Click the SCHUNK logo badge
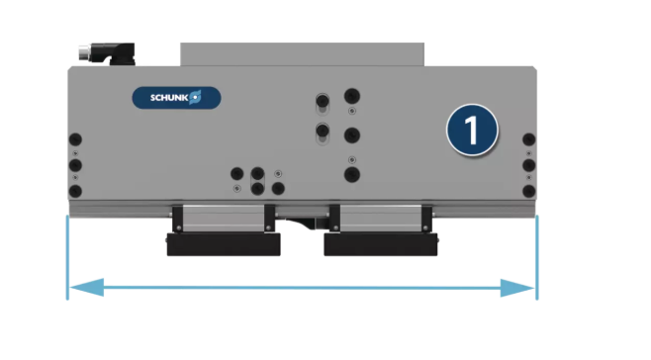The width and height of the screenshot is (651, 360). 176,98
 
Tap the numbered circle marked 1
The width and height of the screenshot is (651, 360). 473,130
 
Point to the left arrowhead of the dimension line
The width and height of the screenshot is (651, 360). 86,288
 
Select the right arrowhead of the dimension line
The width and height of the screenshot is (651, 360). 517,288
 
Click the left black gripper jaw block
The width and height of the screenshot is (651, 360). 224,244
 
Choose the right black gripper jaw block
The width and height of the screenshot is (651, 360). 381,244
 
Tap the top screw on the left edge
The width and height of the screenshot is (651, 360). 75,139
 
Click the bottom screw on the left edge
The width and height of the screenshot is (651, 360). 75,192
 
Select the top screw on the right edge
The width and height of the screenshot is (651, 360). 529,139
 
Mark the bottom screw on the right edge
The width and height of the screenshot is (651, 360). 529,192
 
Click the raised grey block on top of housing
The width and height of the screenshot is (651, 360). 303,54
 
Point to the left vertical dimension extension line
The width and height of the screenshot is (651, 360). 67,257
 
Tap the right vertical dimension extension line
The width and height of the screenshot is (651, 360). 537,257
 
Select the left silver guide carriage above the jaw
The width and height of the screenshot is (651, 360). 224,219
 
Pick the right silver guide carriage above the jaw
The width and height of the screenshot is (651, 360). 381,219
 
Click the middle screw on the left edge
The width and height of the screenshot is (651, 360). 75,165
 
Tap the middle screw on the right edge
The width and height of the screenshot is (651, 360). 529,165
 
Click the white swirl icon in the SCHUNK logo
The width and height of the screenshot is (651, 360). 195,97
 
